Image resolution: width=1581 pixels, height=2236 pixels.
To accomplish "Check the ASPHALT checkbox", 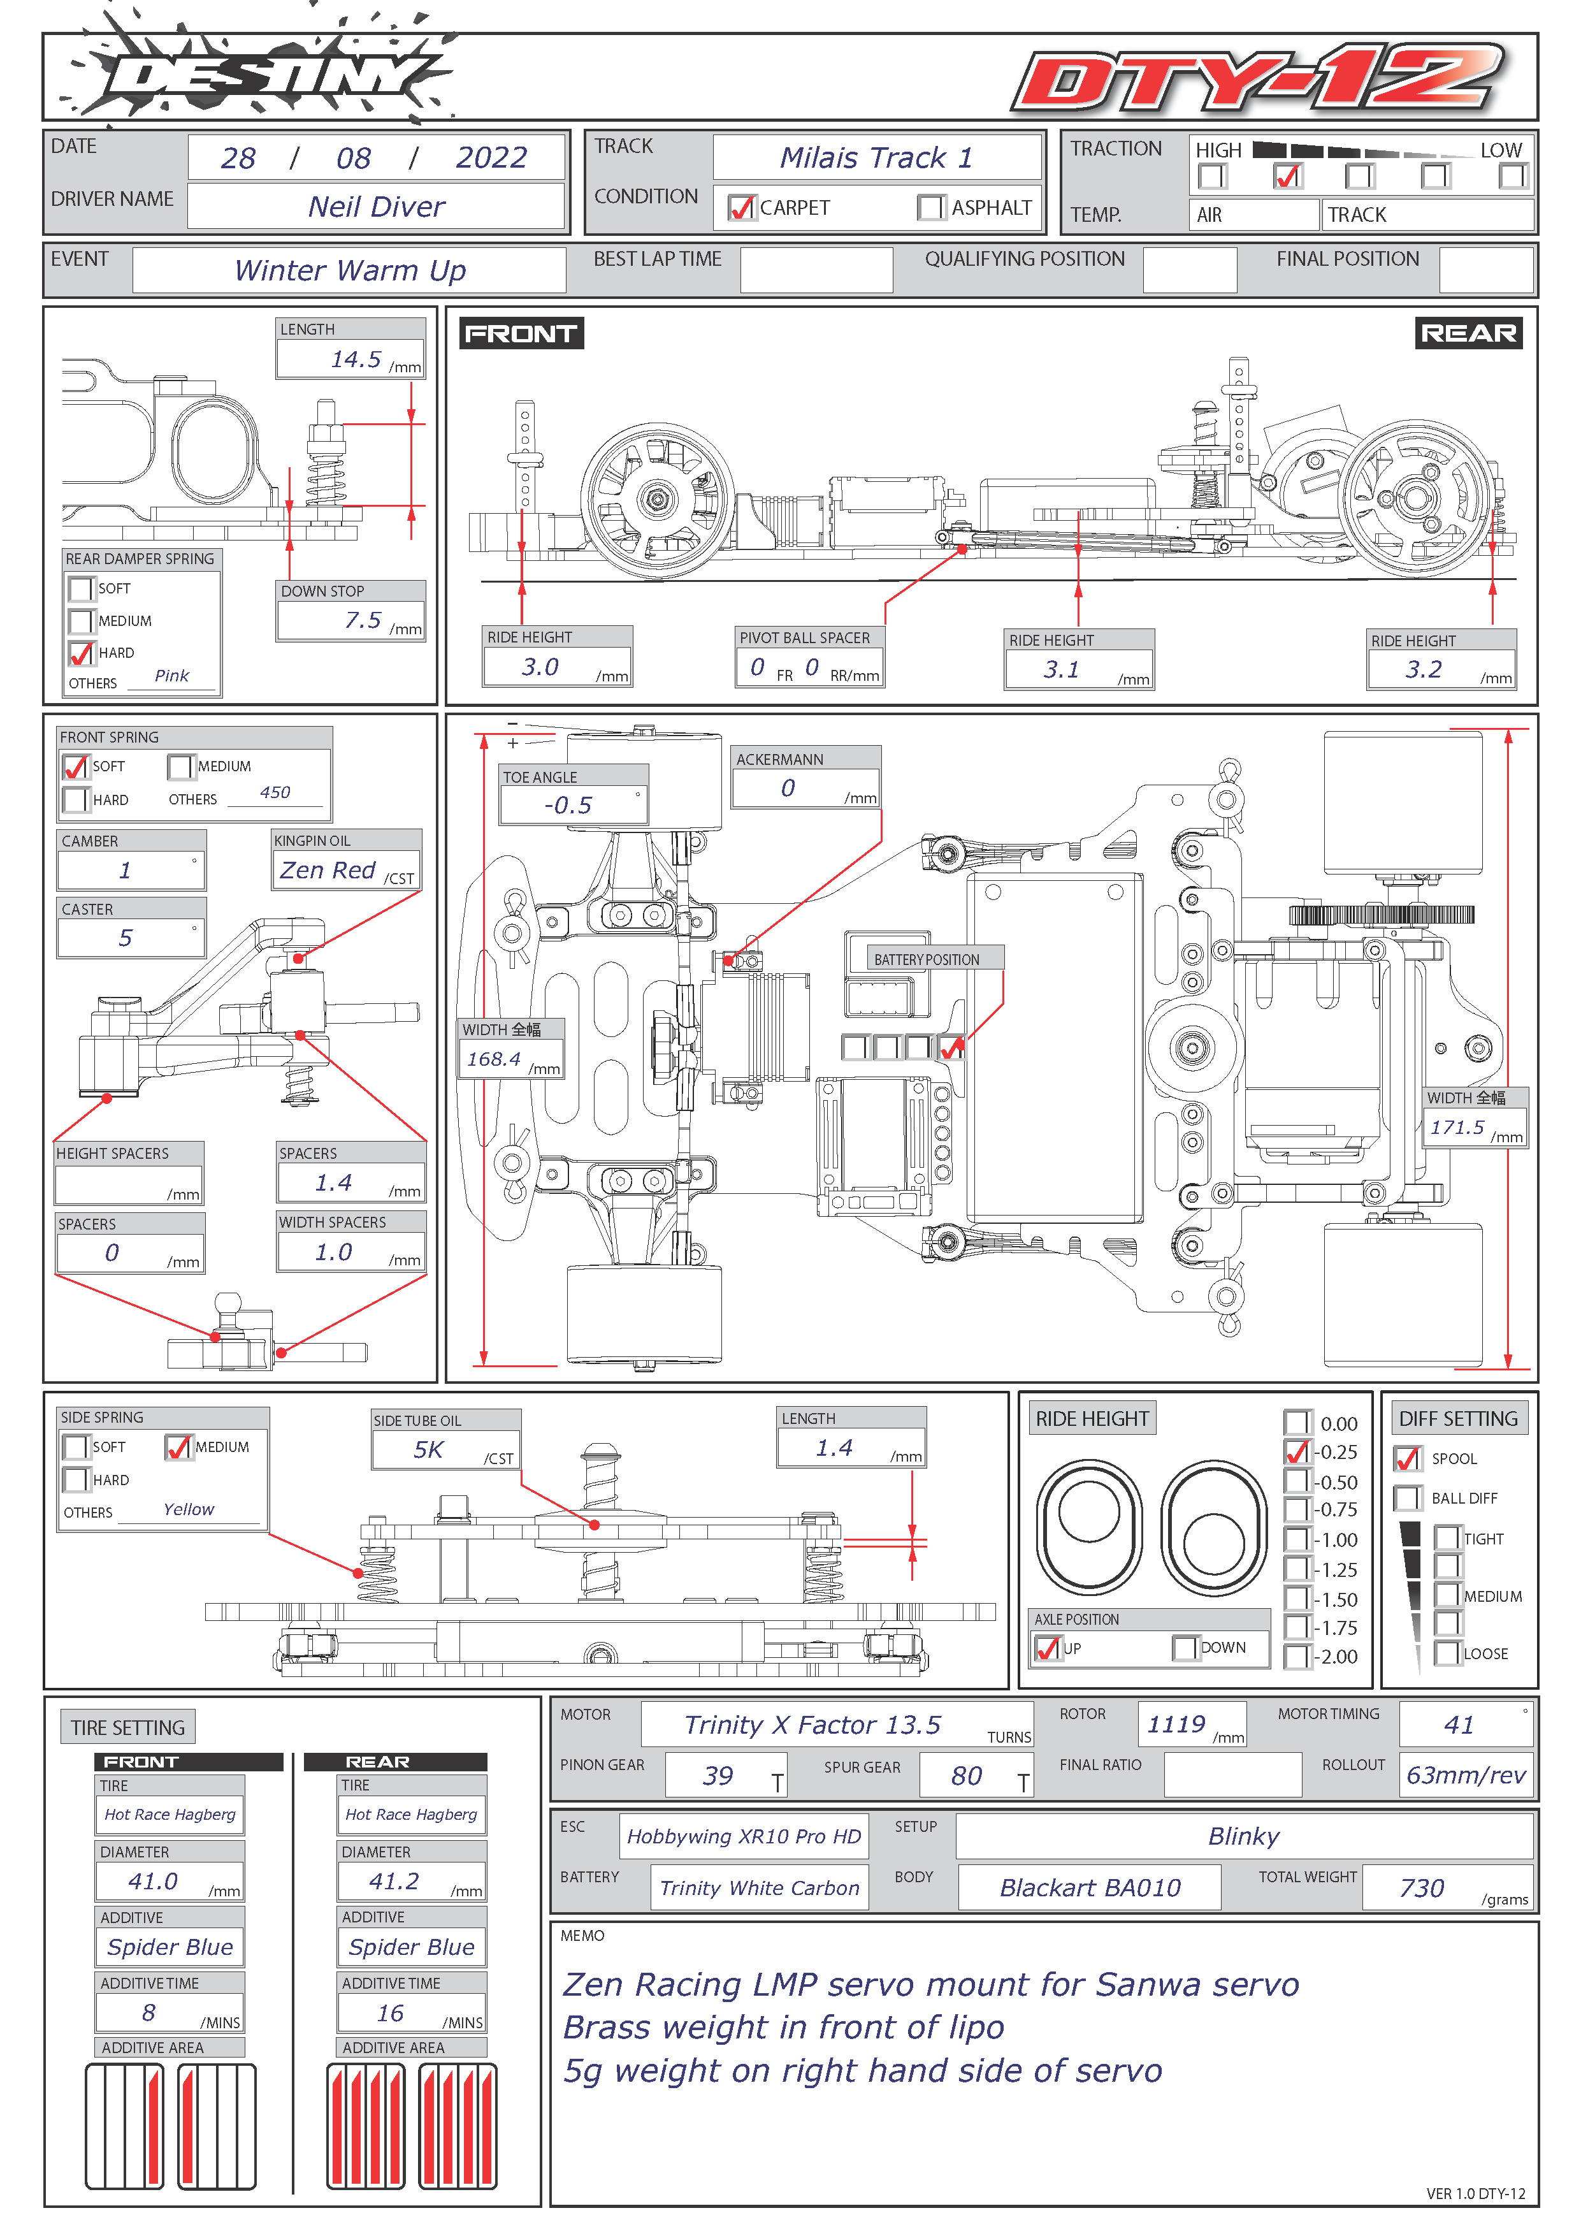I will [930, 207].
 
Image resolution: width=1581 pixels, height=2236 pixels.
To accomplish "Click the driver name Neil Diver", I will [376, 207].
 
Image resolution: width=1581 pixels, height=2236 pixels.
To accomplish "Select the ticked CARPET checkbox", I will [742, 207].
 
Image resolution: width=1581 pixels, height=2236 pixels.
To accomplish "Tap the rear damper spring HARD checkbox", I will [81, 653].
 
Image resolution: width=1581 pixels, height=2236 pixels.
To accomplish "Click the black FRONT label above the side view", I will [521, 333].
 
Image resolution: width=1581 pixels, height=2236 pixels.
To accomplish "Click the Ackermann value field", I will [805, 788].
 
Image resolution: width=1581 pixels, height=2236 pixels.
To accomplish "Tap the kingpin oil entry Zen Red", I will [328, 869].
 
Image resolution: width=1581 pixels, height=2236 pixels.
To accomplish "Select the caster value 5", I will [126, 938].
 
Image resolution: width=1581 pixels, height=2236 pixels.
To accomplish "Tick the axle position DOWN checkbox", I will [1185, 1648].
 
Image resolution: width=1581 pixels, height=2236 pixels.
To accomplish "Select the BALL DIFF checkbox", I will [1407, 1498].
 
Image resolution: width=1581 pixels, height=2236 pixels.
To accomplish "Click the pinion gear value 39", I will [718, 1775].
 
